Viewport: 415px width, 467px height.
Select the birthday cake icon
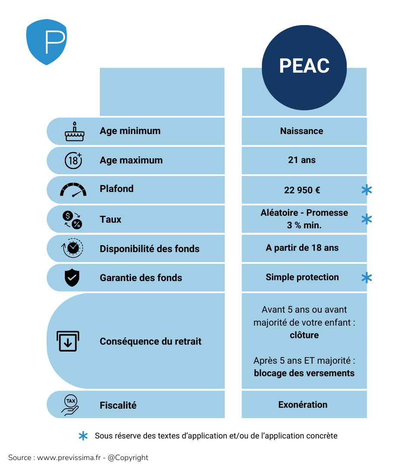(74, 131)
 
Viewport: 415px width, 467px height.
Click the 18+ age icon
(73, 160)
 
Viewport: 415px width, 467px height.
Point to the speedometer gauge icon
(73, 190)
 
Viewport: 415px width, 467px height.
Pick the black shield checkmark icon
(72, 278)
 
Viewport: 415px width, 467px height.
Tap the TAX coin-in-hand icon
(70, 405)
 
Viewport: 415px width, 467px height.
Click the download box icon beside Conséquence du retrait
(68, 341)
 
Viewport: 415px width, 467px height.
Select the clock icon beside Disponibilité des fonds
(73, 248)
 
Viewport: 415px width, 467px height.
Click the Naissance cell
(301, 131)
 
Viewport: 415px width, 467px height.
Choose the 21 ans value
(302, 160)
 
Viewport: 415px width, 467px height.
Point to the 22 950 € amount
(302, 189)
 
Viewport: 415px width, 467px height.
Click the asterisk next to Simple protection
(367, 278)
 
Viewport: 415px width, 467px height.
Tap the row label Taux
(111, 219)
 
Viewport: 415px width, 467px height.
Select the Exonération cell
(303, 405)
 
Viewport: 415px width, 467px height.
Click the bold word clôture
(304, 335)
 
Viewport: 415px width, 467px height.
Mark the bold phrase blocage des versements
(304, 373)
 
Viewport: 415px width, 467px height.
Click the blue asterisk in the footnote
(83, 436)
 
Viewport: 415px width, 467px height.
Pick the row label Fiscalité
(118, 405)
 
